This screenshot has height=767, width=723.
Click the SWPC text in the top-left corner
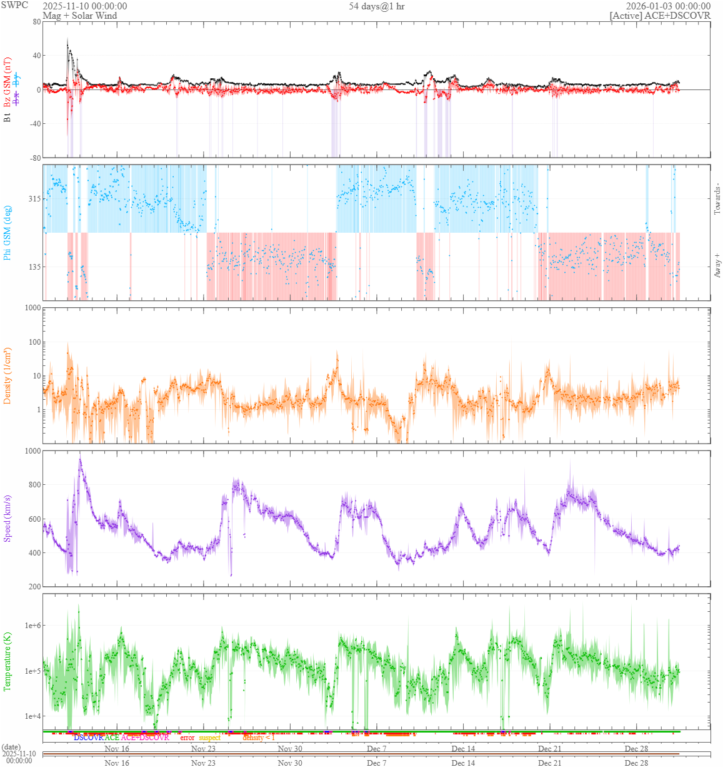14,5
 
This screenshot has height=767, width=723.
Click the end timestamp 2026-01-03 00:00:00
668,6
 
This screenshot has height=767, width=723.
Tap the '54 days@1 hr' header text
376,6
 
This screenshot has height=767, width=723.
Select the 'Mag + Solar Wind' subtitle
79,16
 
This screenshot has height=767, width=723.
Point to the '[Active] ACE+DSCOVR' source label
660,16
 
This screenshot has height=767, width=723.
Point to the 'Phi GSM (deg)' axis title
7,233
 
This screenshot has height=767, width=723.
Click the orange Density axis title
7,375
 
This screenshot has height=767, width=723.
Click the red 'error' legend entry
187,738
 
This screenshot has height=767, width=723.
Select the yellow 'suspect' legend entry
210,738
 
